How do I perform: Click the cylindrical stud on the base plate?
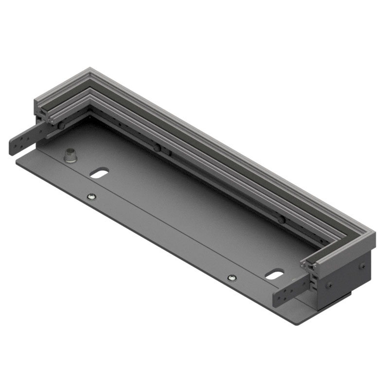point(71,155)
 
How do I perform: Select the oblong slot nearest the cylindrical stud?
point(99,173)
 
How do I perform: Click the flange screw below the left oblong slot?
point(91,196)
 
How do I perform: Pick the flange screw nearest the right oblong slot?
point(231,277)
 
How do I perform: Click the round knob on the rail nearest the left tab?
point(62,125)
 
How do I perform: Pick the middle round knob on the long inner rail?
point(157,147)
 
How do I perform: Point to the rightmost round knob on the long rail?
point(281,219)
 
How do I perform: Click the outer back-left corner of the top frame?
point(89,69)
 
